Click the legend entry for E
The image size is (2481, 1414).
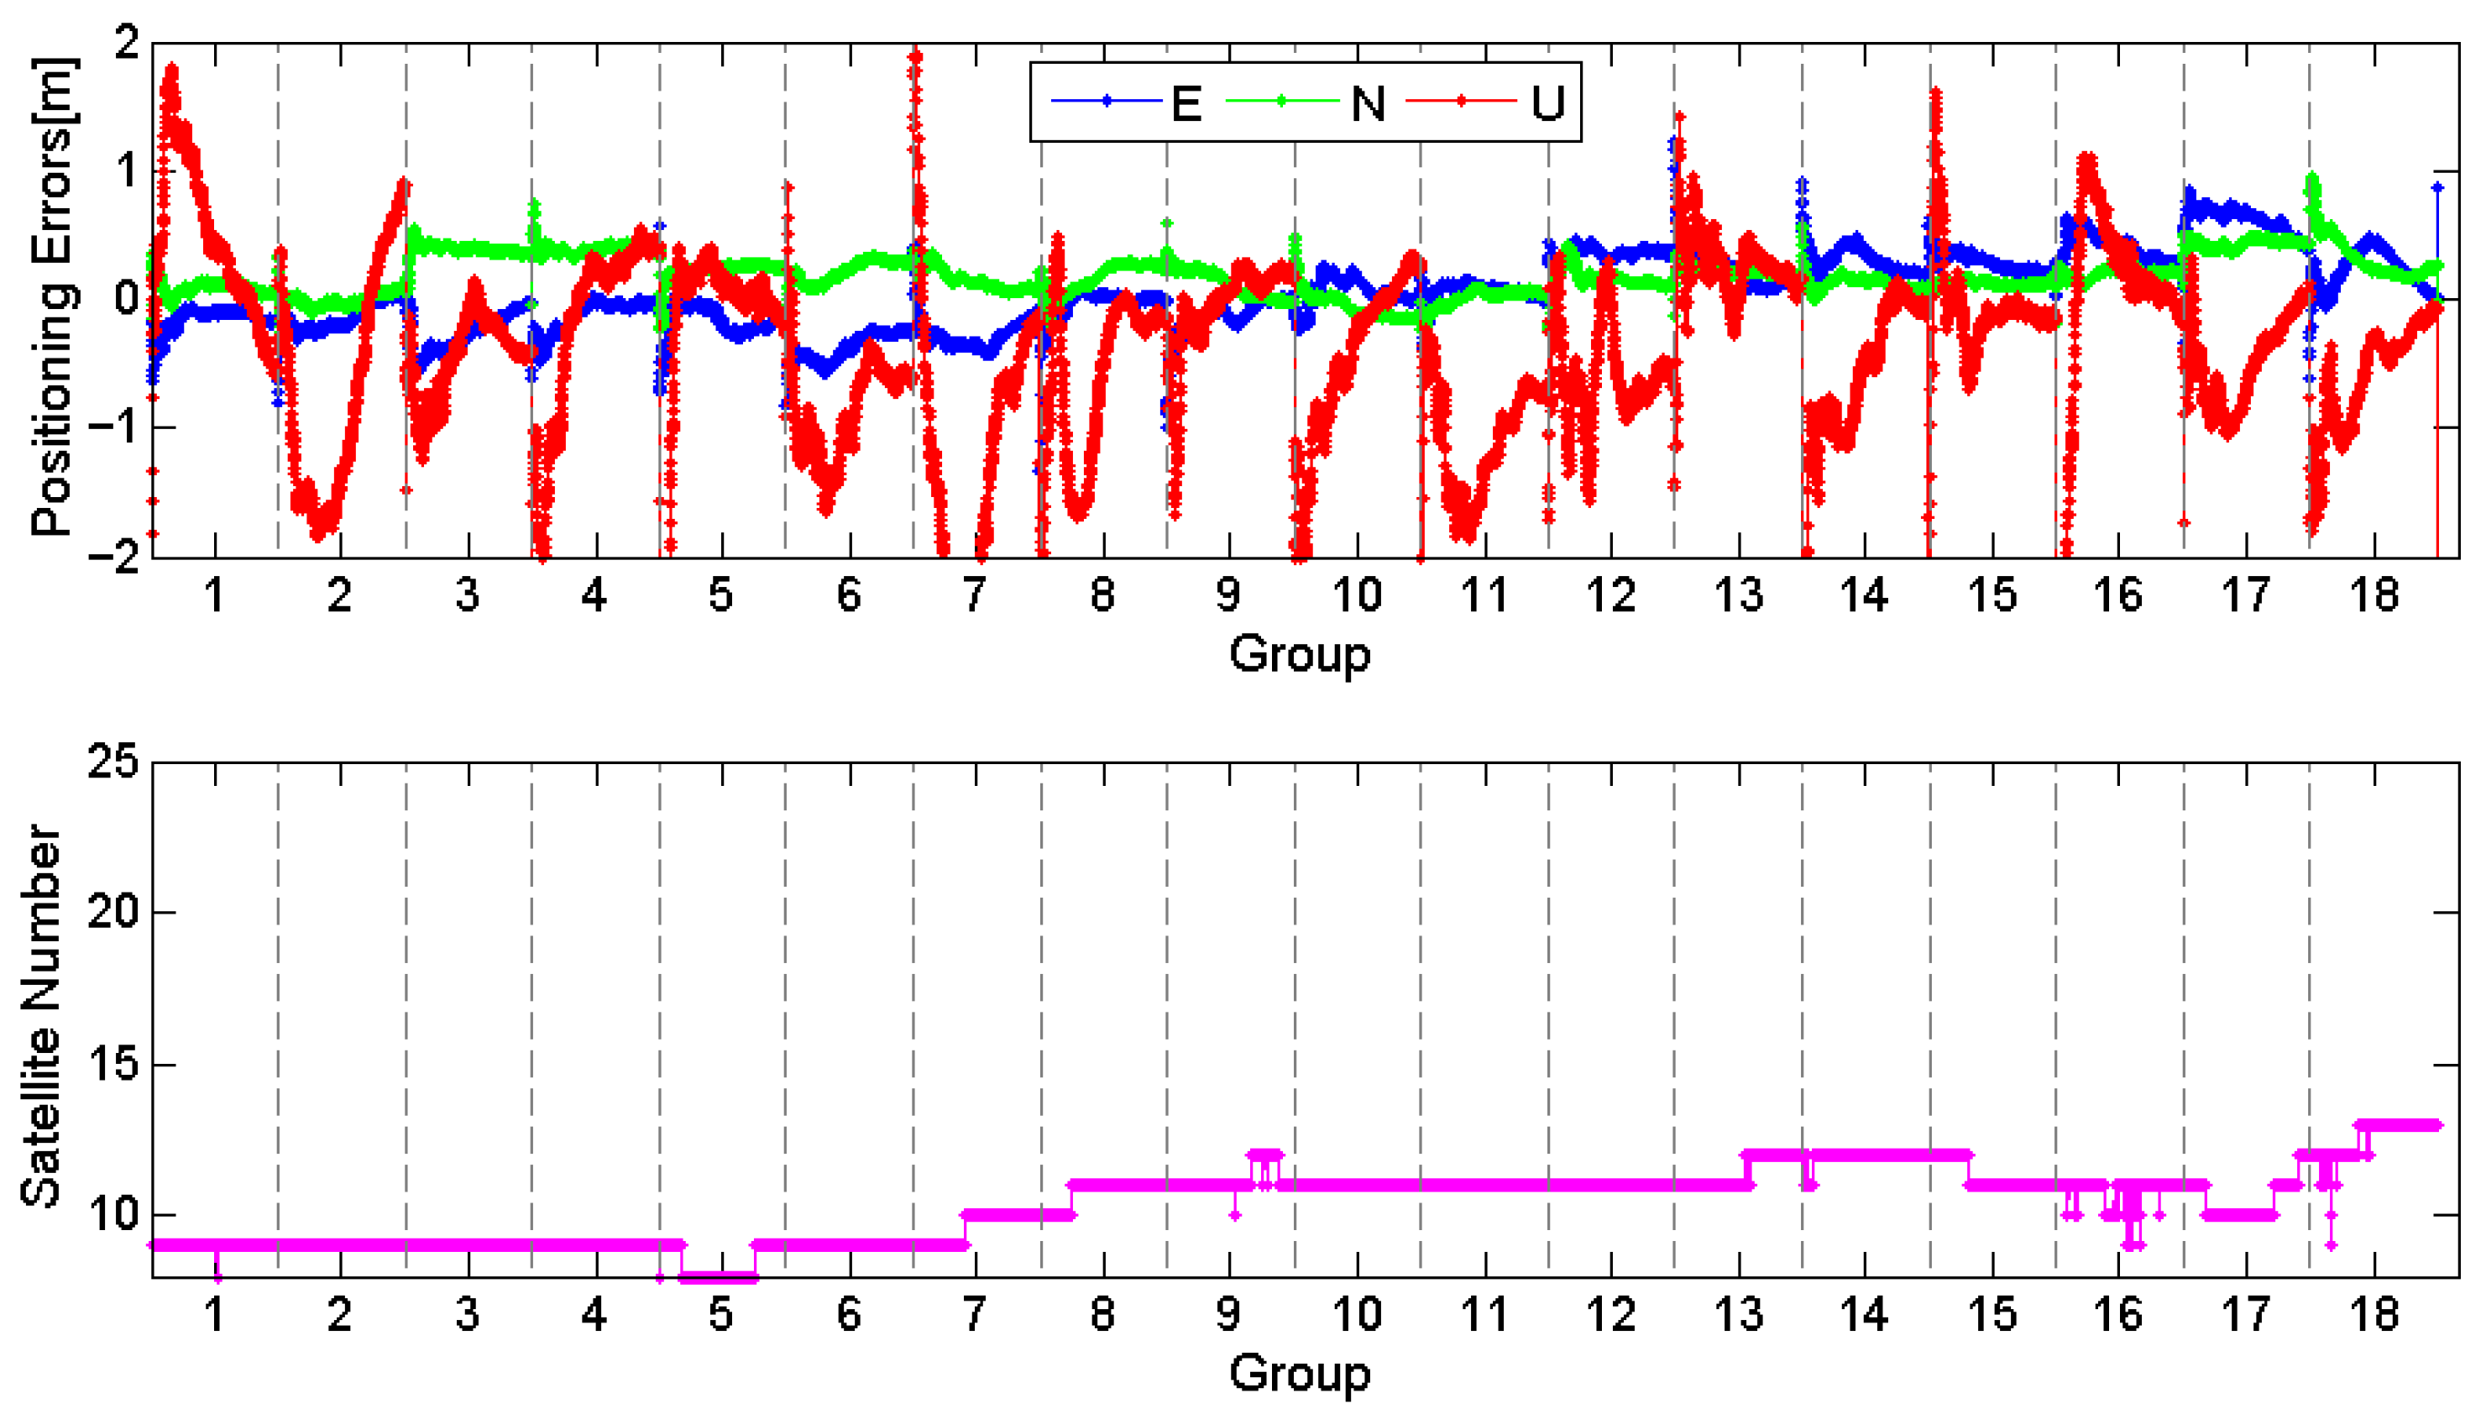click(x=1128, y=102)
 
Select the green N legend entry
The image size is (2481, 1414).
click(x=1306, y=102)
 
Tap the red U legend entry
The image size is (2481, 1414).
click(x=1486, y=102)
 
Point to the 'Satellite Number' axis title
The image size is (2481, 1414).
click(x=41, y=1016)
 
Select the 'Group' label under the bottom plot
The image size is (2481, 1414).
click(x=1299, y=1373)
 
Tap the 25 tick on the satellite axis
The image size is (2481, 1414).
click(x=113, y=762)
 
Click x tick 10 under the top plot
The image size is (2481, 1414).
click(x=1356, y=594)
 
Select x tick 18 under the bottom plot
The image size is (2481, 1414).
click(x=2374, y=1314)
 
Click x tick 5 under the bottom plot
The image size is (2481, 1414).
click(x=720, y=1314)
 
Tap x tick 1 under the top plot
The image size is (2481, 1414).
click(x=215, y=594)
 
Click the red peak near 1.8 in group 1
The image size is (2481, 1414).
click(x=172, y=70)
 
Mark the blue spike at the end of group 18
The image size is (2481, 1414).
click(x=2437, y=187)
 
